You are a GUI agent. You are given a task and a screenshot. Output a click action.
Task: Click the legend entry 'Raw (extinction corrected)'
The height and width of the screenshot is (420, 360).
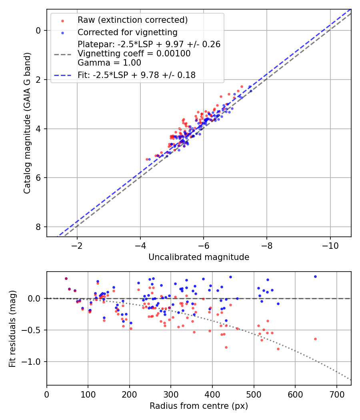[x=132, y=20]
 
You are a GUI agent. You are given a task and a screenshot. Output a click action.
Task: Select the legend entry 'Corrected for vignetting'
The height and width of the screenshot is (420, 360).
[x=127, y=32]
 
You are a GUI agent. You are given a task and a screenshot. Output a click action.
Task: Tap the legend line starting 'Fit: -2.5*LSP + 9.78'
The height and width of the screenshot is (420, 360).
[x=136, y=75]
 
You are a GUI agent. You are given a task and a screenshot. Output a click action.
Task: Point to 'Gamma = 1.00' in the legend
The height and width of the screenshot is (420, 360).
[x=109, y=62]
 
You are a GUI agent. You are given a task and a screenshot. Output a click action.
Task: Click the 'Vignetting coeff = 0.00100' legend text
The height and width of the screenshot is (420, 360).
[x=134, y=53]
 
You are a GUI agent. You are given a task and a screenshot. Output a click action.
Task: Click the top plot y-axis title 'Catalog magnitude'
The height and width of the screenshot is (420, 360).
[x=27, y=123]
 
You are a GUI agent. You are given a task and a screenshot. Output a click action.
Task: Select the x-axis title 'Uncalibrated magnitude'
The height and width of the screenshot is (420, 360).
[x=199, y=257]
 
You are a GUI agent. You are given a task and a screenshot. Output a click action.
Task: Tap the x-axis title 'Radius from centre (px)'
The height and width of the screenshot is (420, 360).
[x=199, y=406]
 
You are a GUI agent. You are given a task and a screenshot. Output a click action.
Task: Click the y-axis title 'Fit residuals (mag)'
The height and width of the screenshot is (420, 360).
[x=12, y=328]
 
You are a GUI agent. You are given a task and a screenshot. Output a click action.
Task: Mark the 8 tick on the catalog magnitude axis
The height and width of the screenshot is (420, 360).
[x=38, y=227]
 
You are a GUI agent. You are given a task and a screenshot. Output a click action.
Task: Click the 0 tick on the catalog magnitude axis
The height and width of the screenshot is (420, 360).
[x=38, y=30]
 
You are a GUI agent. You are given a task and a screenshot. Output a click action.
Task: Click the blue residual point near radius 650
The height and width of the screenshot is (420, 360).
[x=315, y=276]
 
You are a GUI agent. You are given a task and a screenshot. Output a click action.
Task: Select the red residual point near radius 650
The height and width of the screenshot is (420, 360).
[x=315, y=339]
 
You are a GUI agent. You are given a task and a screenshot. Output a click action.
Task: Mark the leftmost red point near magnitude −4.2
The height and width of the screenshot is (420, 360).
[x=147, y=159]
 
